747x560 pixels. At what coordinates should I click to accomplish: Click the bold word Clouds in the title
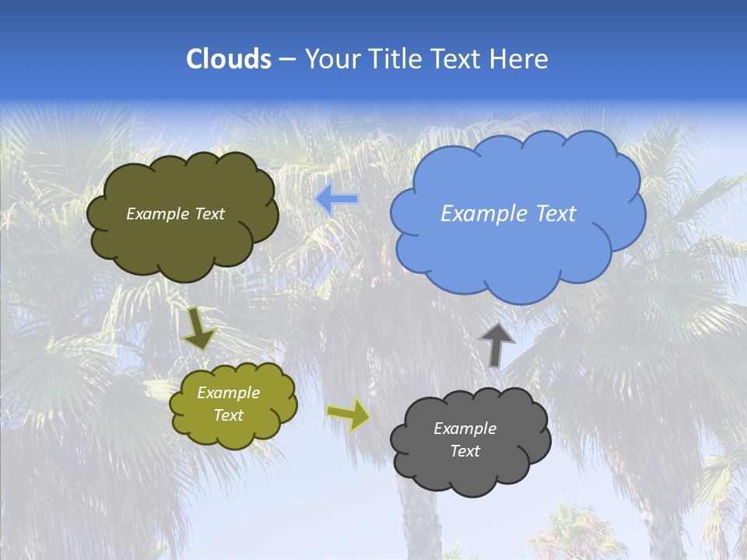(x=228, y=59)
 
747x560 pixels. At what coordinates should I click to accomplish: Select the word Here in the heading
(x=521, y=59)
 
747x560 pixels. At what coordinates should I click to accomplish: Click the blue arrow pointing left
(x=336, y=199)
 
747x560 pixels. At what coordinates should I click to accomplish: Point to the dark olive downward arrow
(x=198, y=328)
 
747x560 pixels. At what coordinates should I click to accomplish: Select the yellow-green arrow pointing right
(x=349, y=415)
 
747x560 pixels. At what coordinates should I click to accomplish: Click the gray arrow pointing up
(x=496, y=345)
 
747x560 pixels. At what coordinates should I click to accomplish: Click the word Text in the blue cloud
(x=556, y=214)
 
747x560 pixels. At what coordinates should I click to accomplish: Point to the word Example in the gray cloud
(x=465, y=429)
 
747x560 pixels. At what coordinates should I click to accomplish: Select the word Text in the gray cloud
(x=465, y=451)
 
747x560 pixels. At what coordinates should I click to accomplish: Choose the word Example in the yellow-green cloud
(x=228, y=393)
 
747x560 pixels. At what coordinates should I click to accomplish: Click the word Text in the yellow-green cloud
(x=228, y=415)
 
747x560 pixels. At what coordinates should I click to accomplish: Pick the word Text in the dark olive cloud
(x=209, y=214)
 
